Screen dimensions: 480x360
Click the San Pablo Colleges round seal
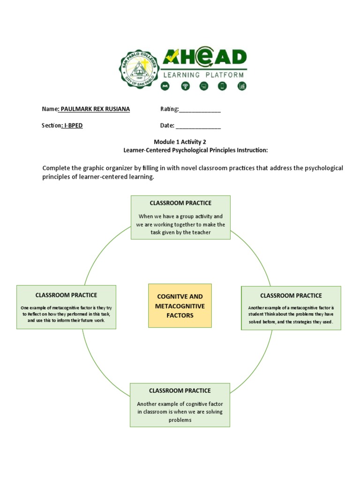[x=139, y=69]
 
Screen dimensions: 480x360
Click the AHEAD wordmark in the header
[x=204, y=58]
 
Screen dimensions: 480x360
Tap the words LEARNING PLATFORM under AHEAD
[x=203, y=75]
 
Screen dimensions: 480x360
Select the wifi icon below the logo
[x=185, y=86]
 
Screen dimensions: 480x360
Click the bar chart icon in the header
[x=242, y=86]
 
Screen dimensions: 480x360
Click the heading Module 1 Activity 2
[x=180, y=142]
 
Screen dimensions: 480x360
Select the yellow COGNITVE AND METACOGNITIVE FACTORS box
[x=180, y=306]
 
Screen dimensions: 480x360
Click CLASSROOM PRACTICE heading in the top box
[x=180, y=203]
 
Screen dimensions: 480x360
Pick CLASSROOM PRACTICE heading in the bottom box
[x=180, y=390]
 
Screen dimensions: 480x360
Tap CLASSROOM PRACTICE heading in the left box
[x=66, y=295]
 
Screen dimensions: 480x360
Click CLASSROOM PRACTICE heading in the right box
[x=291, y=295]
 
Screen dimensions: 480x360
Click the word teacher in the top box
[x=201, y=232]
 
